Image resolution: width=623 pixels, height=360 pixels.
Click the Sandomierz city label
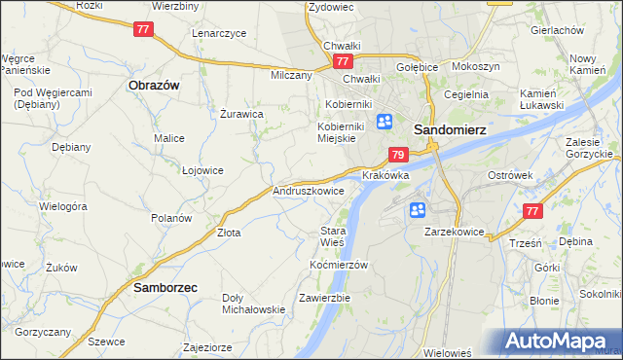pos(451,127)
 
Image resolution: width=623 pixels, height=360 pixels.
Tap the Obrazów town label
pos(154,85)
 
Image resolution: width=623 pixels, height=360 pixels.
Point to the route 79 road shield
pos(397,155)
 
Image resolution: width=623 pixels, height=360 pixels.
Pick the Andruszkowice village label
pos(309,192)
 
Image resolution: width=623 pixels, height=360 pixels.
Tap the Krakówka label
pos(385,176)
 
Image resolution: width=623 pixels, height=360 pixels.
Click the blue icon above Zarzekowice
pos(418,209)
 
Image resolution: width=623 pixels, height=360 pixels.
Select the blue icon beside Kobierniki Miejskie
pos(385,122)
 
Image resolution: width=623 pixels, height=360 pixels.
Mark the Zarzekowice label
pos(455,233)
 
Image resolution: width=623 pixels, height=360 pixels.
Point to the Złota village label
pos(229,233)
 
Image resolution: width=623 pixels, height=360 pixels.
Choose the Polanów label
pos(170,218)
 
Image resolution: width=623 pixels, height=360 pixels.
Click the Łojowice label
pos(202,169)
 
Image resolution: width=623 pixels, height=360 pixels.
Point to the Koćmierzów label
pos(338,265)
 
